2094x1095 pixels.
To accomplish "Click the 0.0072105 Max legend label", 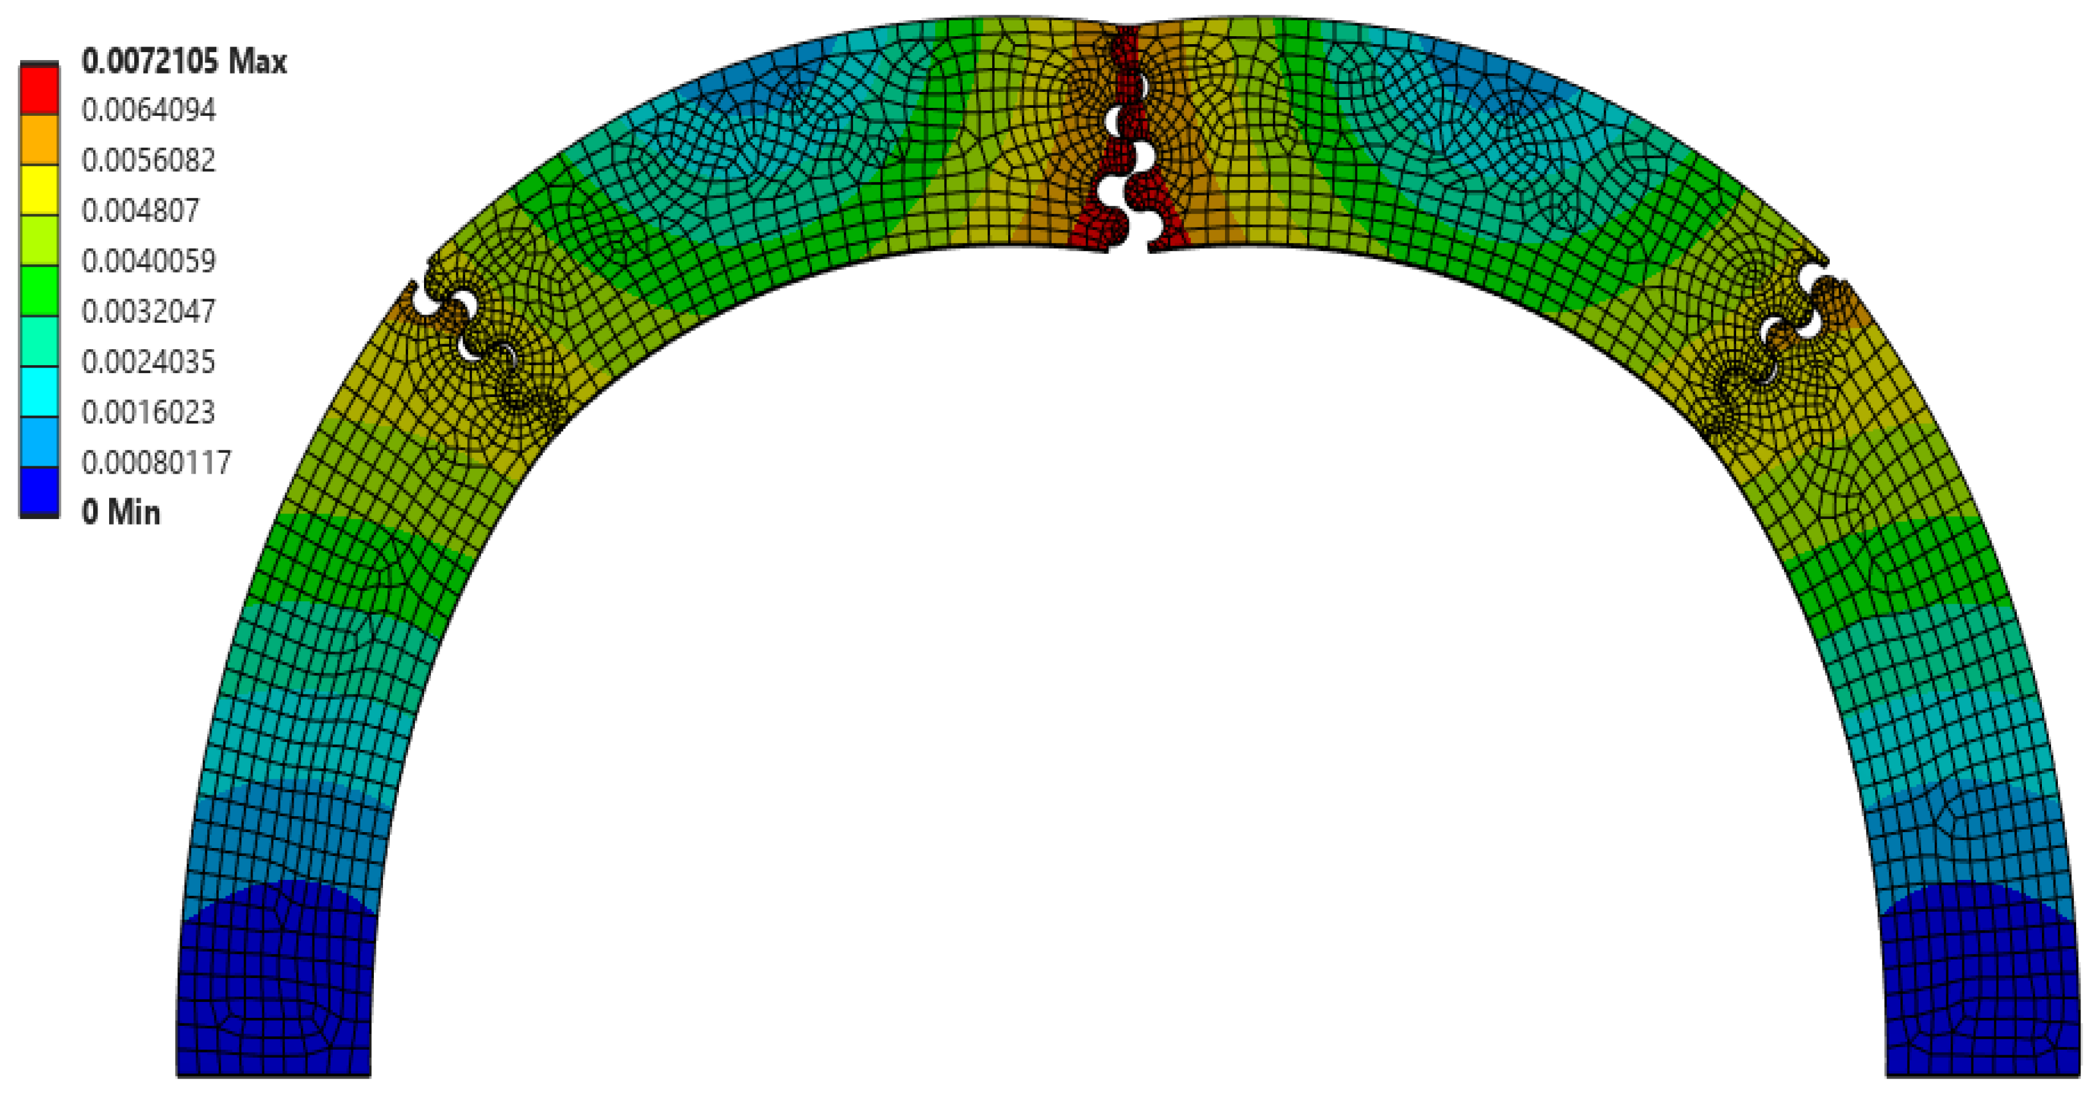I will tap(184, 61).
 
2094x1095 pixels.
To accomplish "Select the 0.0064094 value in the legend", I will tap(149, 110).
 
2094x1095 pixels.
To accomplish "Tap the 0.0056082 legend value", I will tap(149, 160).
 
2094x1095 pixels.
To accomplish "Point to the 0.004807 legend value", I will tap(140, 211).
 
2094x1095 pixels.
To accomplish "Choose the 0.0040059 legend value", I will tap(149, 261).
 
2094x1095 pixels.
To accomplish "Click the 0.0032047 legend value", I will tap(149, 311).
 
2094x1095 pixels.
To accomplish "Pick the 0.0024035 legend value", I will tap(149, 362).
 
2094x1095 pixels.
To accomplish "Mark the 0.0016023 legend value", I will tap(149, 412).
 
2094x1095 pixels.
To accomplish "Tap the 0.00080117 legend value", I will tap(157, 463).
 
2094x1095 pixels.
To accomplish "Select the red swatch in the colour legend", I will tap(39, 89).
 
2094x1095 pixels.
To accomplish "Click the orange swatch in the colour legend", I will tap(39, 140).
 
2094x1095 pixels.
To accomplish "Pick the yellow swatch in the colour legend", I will tap(39, 189).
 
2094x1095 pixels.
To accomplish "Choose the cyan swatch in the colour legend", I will tap(39, 391).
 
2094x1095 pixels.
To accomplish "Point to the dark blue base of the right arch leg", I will tap(1981, 1000).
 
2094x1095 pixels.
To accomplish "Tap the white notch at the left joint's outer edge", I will tap(423, 300).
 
